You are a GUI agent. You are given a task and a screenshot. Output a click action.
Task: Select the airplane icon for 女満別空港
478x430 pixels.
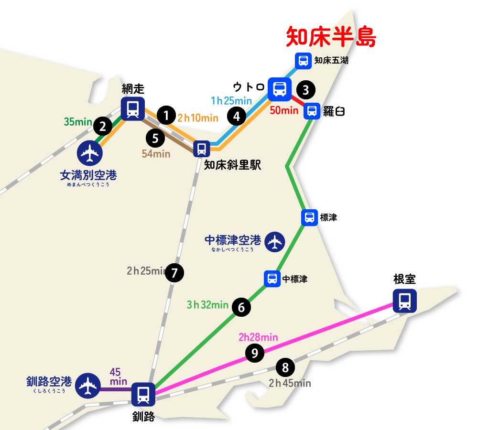pos(89,153)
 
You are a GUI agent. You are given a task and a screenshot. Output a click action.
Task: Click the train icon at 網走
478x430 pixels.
pos(132,108)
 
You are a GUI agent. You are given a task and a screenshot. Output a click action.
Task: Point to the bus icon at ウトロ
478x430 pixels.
pos(280,89)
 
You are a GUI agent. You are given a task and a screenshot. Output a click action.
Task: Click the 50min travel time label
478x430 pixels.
pos(284,110)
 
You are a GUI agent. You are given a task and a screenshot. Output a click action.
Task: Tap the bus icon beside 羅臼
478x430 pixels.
pos(312,111)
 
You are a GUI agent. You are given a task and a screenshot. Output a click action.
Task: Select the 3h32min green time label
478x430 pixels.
pos(207,304)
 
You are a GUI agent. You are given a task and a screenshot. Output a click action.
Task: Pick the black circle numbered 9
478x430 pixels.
pos(254,354)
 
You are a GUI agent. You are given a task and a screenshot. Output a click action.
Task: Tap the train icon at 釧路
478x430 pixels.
pos(143,394)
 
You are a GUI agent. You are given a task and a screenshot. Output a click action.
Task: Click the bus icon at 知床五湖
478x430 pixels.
pos(303,61)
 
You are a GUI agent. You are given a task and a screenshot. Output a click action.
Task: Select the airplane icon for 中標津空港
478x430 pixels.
pos(274,242)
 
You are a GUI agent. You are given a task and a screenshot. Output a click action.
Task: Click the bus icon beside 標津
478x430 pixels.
pos(310,217)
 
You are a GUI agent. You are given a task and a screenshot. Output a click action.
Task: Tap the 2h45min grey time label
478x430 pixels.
pos(290,383)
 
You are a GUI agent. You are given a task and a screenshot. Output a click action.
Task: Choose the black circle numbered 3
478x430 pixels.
pos(306,89)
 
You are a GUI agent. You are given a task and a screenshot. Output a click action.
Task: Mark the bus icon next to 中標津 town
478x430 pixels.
pos(272,279)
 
